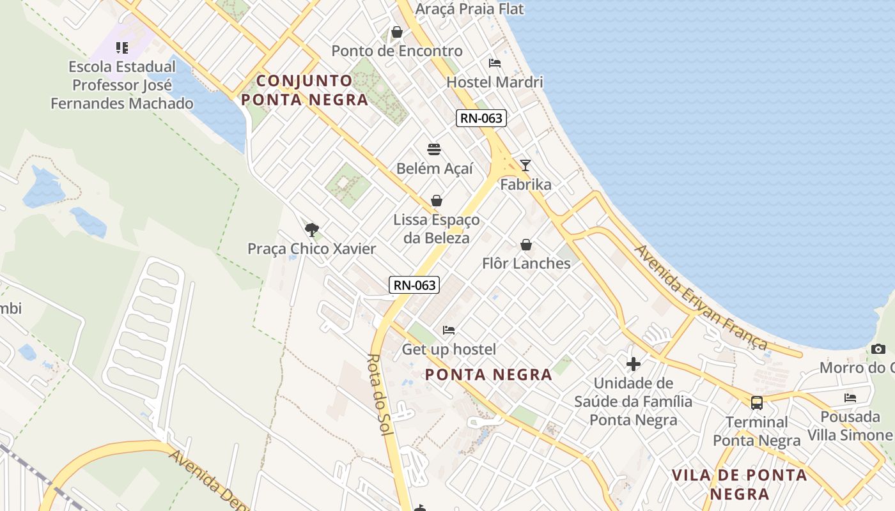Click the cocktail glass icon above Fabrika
tap(525, 165)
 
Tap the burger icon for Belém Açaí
tap(434, 150)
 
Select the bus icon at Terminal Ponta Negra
tap(757, 403)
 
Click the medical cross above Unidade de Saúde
tap(634, 364)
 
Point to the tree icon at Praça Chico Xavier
tap(312, 230)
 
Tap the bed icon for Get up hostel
tap(449, 330)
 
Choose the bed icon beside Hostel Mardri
tap(495, 63)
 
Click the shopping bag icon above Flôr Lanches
tap(526, 245)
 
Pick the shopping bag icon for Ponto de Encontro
tap(397, 32)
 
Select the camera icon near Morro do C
tap(878, 349)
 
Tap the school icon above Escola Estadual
tap(122, 48)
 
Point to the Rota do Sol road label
tap(380, 395)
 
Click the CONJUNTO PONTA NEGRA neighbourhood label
tap(305, 90)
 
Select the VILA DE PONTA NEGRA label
tap(740, 484)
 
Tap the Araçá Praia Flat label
tap(469, 9)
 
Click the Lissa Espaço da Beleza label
tap(437, 229)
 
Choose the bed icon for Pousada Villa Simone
tap(850, 397)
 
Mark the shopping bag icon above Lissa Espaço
tap(437, 201)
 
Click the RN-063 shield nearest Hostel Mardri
tap(481, 118)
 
